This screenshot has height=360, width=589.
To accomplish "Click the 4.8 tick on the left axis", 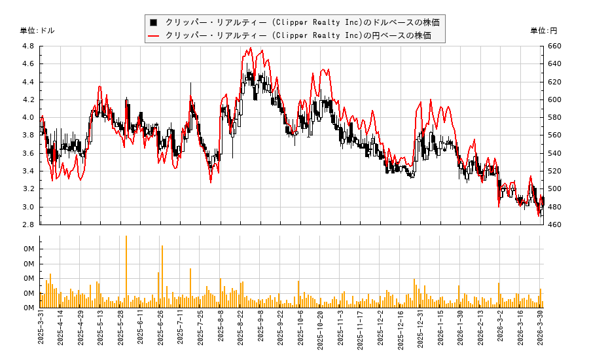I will click(27, 46).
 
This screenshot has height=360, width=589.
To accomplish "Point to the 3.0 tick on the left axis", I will click(27, 207).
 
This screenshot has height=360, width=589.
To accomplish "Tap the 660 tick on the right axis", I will click(555, 46).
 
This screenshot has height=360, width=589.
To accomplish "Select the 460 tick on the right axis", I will click(555, 225).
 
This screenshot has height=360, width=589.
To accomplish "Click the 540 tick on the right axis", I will click(555, 153).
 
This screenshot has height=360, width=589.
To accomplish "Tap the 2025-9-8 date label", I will click(261, 331).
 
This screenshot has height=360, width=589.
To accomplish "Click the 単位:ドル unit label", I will click(37, 31).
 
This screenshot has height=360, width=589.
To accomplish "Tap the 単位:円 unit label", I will click(543, 31).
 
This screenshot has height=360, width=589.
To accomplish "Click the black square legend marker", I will click(154, 22).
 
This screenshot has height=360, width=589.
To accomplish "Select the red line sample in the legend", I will click(154, 35).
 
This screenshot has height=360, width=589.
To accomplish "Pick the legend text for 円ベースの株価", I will click(298, 35).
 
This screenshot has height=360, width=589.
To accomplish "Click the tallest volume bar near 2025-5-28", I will click(126, 272).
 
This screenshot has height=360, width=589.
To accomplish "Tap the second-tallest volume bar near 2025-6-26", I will click(162, 276).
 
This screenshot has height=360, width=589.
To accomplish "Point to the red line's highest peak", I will click(262, 50).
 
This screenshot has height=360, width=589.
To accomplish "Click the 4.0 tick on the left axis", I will click(27, 118).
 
